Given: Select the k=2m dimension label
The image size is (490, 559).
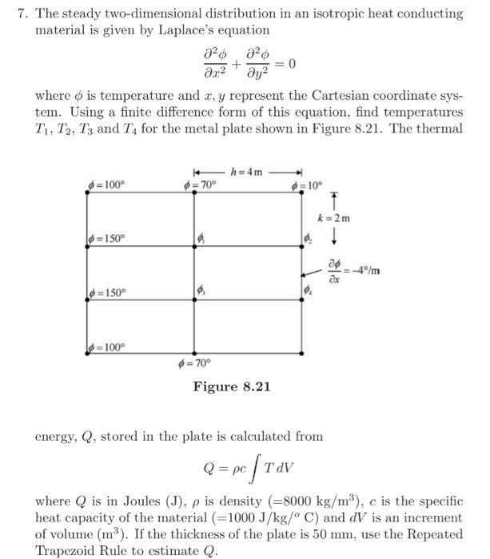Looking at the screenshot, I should (333, 216).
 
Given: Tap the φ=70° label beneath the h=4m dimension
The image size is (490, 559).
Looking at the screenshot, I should (200, 185).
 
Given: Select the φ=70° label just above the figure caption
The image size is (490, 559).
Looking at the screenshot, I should (200, 366).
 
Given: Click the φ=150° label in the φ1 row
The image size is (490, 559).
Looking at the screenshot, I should (107, 237).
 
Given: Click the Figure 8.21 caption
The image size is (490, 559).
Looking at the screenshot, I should (232, 387).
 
